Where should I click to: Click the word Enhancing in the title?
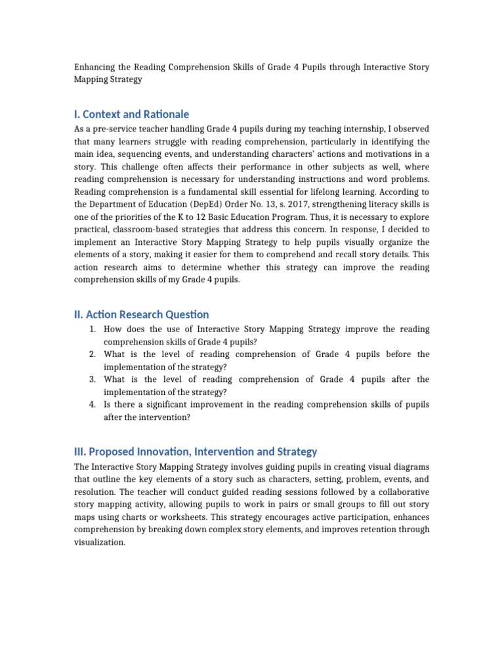[x=94, y=68]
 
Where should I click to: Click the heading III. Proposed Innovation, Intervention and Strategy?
[x=196, y=451]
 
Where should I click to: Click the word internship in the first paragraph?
[x=335, y=129]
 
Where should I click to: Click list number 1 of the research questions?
[x=93, y=329]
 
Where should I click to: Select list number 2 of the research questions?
[x=93, y=354]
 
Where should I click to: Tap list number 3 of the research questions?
[x=93, y=379]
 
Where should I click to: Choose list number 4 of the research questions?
[x=93, y=404]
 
